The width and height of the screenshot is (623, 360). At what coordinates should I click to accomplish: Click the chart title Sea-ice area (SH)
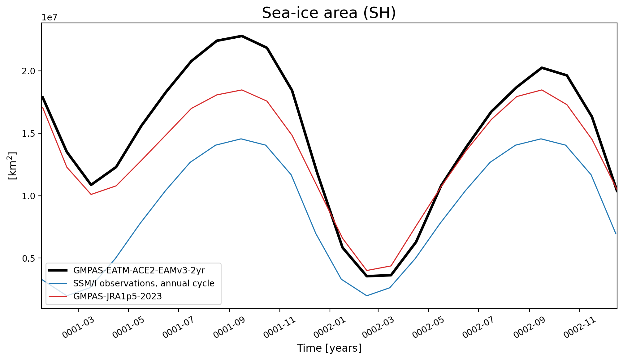(329, 13)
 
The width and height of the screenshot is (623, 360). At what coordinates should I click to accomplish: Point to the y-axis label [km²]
(12, 166)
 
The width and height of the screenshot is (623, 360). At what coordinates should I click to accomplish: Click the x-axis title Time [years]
(329, 348)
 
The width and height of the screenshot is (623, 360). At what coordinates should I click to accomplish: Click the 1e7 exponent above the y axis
(50, 18)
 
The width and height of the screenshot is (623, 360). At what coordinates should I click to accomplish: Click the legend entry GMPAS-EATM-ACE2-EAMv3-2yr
(127, 270)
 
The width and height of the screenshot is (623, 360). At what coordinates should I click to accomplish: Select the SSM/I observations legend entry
(132, 283)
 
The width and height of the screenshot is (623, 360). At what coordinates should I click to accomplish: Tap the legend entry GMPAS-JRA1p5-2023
(106, 296)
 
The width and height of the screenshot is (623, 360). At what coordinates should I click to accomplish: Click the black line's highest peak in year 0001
(242, 36)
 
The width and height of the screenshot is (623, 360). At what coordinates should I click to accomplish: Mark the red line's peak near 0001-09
(242, 90)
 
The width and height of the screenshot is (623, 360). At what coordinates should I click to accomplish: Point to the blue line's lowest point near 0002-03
(367, 296)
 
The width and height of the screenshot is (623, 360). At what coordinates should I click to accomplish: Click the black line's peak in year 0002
(542, 67)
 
